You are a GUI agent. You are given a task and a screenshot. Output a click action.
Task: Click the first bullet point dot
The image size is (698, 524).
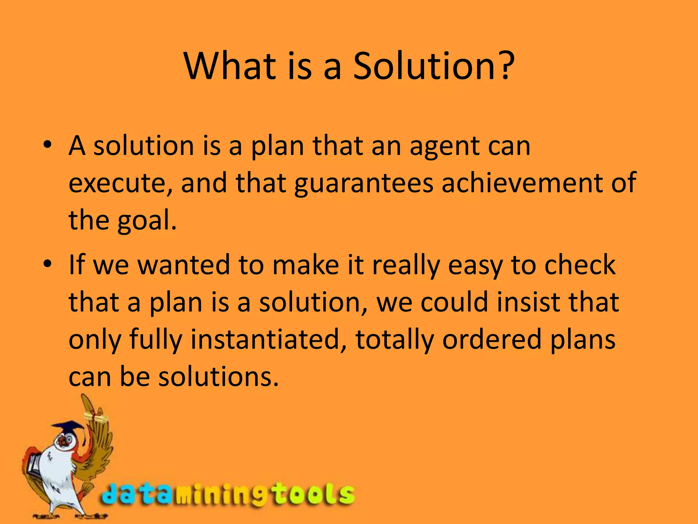[47, 144]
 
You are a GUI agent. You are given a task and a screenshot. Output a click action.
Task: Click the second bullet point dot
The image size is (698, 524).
[47, 264]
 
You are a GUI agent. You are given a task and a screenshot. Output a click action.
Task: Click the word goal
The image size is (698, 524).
[147, 221]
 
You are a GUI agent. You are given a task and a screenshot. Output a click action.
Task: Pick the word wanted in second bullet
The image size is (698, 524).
[184, 265]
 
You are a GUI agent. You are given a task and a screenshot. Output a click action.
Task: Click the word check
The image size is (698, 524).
[580, 265]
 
